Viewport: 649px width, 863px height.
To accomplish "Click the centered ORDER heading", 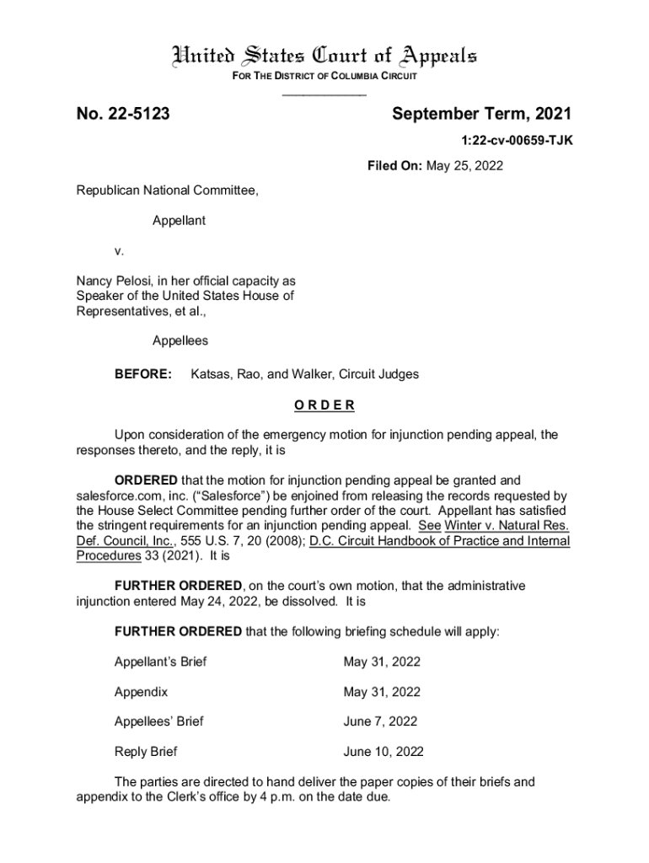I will (324, 405).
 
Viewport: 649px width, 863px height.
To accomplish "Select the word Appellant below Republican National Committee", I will (179, 221).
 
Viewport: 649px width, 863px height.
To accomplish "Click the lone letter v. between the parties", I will (120, 251).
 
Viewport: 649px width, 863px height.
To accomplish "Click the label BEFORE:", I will (143, 373).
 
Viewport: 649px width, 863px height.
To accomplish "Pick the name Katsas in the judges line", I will (212, 373).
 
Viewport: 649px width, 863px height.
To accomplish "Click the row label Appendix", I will (141, 692).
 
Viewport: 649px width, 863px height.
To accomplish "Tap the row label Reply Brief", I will (146, 752).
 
